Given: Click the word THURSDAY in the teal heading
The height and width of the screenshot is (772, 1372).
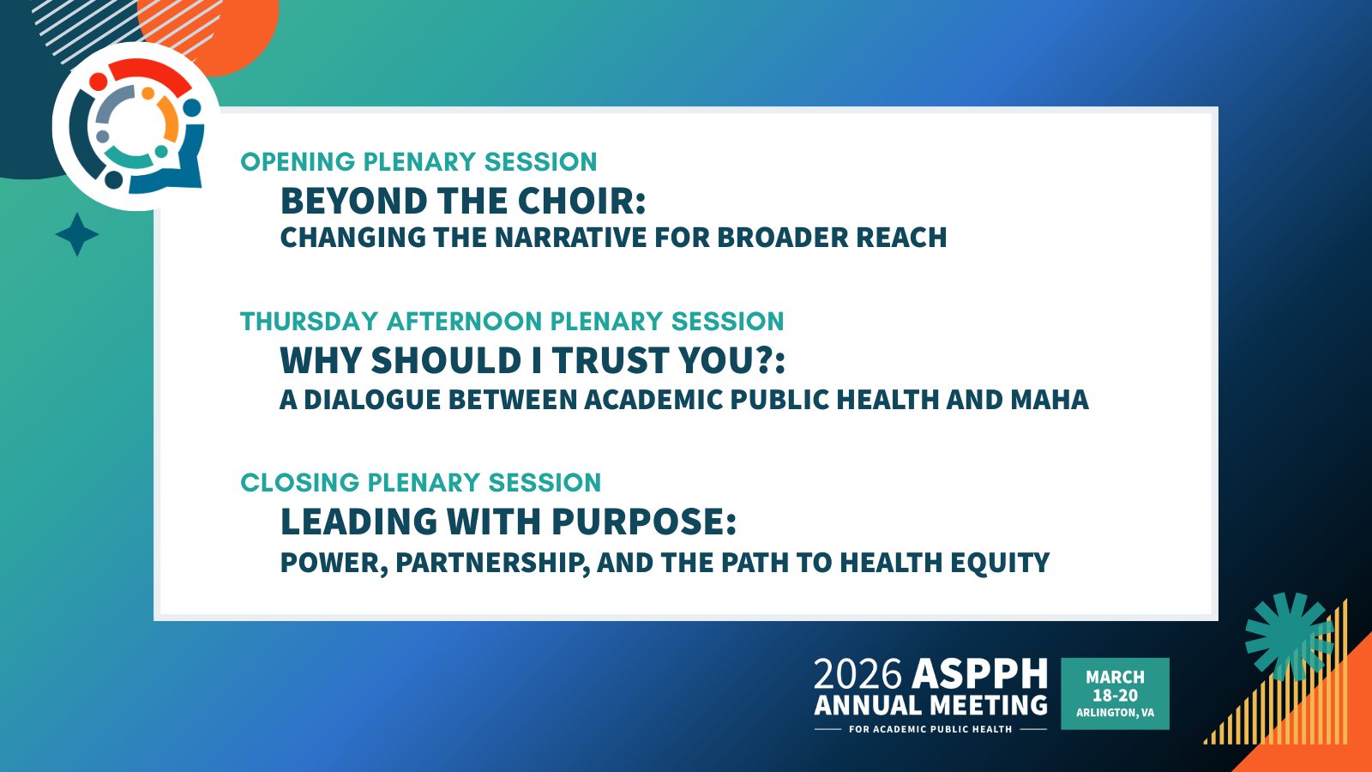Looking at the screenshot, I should [x=310, y=322].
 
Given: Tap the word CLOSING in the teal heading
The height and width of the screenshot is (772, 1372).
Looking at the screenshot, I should [x=299, y=483].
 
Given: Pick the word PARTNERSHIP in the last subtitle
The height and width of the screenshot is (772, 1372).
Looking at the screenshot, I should [x=492, y=563].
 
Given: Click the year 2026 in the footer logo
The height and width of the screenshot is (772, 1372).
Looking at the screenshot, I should [x=857, y=675].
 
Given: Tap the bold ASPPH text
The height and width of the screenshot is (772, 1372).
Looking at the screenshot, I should [x=980, y=675].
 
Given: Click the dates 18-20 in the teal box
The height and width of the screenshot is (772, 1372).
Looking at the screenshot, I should [x=1115, y=696].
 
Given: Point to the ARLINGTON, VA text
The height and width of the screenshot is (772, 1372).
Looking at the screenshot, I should [x=1115, y=713].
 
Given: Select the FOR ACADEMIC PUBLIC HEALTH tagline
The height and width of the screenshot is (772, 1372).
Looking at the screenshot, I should [x=930, y=729].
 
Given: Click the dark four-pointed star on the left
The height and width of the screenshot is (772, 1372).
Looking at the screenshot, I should [x=77, y=234].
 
